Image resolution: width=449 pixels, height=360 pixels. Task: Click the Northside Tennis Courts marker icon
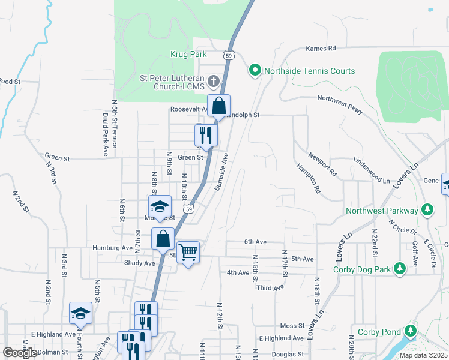point(255,71)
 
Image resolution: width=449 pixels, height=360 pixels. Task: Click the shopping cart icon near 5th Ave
point(188,252)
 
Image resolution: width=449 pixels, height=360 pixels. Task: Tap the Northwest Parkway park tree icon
point(427,211)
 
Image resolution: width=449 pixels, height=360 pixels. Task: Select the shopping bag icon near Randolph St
point(219,106)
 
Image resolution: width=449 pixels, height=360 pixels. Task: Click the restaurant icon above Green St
point(205,135)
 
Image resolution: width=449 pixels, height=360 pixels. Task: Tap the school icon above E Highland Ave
point(80,313)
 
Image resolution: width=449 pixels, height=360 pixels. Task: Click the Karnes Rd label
point(321,48)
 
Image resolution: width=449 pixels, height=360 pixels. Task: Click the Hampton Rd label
point(308,178)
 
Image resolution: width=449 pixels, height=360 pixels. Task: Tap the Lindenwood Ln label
point(372,171)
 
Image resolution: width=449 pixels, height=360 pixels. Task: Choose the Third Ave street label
point(270,288)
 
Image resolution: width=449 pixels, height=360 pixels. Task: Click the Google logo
point(20,353)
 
